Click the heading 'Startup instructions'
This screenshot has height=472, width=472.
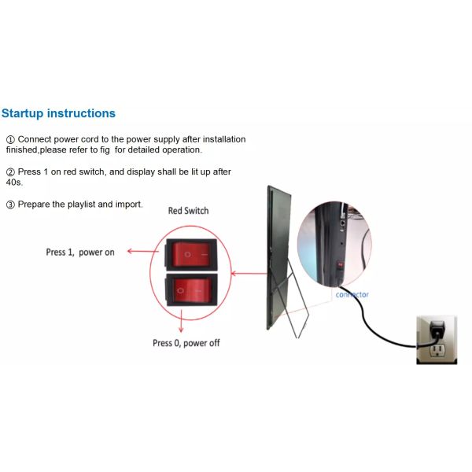pyautogui.click(x=58, y=113)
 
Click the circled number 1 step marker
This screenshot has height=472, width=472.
pyautogui.click(x=10, y=139)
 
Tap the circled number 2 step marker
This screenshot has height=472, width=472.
pyautogui.click(x=10, y=171)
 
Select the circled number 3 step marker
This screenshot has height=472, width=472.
pyautogui.click(x=10, y=205)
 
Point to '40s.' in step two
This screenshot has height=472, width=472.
pyautogui.click(x=14, y=183)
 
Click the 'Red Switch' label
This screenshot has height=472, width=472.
pyautogui.click(x=189, y=211)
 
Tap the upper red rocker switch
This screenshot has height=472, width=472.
pyautogui.click(x=188, y=254)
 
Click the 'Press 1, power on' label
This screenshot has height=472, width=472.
pyautogui.click(x=79, y=253)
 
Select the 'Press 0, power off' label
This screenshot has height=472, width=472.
pyautogui.click(x=186, y=343)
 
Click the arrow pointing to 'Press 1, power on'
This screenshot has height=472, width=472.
pyautogui.click(x=142, y=253)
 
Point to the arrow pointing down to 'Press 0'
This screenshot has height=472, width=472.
pyautogui.click(x=182, y=321)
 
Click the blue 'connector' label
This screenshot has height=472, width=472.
pyautogui.click(x=352, y=295)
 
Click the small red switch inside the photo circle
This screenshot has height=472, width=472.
pyautogui.click(x=339, y=265)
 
